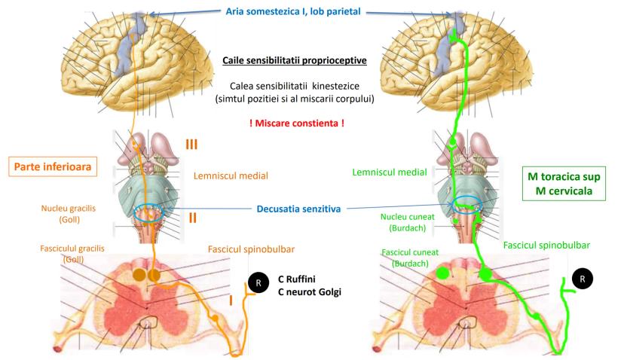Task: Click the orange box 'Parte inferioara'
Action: [54, 166]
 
